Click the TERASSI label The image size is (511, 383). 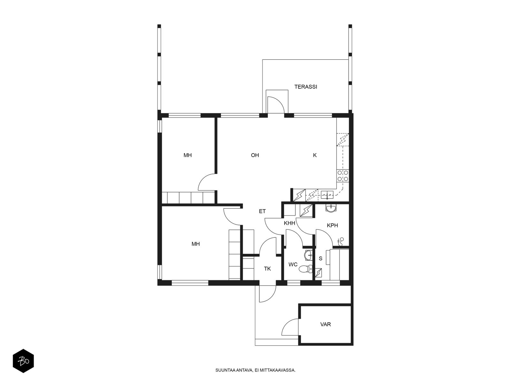305,87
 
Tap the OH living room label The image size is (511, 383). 255,155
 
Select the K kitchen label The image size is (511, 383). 315,155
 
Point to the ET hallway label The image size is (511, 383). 262,211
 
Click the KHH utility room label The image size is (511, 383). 289,223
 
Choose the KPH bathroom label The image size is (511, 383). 332,225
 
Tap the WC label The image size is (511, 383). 293,264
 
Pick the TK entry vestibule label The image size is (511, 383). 267,269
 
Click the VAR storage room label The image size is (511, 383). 325,324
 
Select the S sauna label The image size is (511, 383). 321,258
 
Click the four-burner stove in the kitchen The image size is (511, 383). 343,176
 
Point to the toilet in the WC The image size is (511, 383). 305,269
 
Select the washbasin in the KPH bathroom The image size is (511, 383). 331,208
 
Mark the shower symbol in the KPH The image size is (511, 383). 340,242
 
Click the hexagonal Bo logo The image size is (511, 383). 23,361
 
